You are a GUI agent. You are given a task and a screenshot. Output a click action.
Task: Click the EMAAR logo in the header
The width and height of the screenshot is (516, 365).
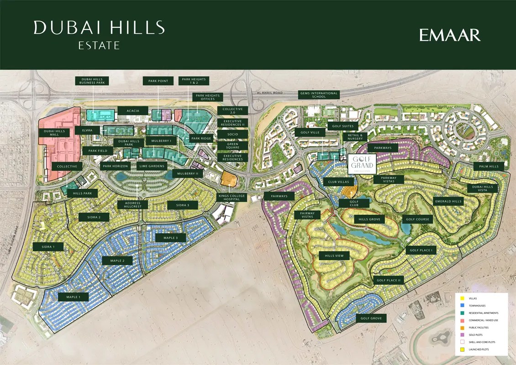pos(450,35)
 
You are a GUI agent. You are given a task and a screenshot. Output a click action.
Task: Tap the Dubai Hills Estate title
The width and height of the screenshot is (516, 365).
pos(99,34)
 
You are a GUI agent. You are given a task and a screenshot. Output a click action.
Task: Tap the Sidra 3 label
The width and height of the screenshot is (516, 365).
pos(182,205)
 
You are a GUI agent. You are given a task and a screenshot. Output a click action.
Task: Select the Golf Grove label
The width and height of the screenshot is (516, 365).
pos(371,318)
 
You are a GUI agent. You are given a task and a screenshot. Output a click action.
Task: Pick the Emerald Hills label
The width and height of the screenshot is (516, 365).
pos(448,201)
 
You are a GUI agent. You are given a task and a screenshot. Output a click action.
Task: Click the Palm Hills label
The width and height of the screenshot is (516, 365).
pos(489,167)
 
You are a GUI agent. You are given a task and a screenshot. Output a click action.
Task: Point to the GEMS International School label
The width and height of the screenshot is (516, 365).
pos(319,95)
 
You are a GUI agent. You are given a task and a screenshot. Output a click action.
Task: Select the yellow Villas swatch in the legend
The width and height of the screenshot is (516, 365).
pos(462,298)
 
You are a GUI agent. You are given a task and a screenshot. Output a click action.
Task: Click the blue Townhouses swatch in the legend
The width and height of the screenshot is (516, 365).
pos(462,306)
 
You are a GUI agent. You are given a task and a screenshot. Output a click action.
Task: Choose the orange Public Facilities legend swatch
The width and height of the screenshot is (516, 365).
pos(462,328)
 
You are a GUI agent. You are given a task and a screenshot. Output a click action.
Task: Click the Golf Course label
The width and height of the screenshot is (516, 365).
pos(416,219)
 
